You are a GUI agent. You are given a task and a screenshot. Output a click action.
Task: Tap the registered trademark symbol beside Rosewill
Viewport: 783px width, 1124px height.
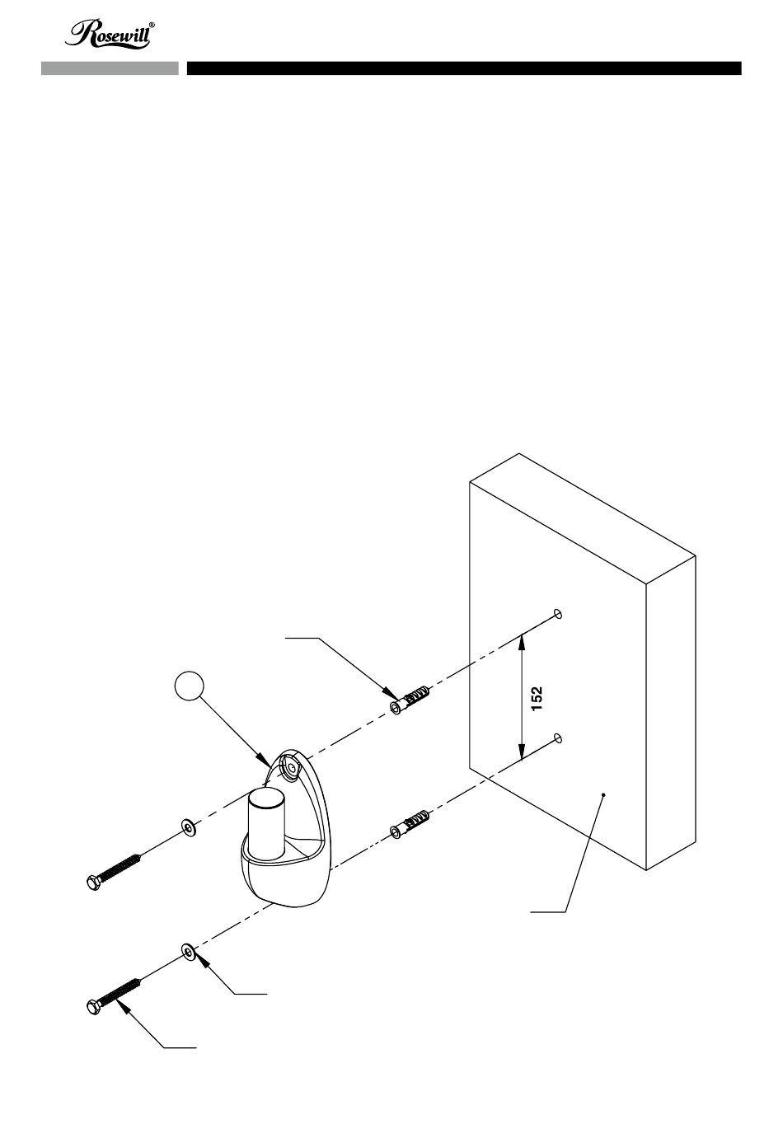coord(152,25)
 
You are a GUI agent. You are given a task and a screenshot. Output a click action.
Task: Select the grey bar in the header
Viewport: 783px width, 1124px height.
coord(110,68)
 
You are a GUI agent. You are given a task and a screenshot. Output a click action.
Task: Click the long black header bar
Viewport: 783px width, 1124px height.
coord(464,68)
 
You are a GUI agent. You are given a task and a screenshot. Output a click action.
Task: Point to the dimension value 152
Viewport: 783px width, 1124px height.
coord(537,698)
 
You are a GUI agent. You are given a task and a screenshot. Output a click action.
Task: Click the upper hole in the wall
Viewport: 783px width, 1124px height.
coord(558,613)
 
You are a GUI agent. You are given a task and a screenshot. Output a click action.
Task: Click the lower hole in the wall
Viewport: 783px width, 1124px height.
coord(558,738)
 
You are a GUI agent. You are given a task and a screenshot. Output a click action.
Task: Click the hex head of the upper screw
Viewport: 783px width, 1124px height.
coord(94,883)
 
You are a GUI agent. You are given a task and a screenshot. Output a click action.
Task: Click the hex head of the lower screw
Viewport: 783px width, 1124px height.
coord(94,1007)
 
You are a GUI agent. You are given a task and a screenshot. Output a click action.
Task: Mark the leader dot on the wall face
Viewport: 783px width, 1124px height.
coord(604,794)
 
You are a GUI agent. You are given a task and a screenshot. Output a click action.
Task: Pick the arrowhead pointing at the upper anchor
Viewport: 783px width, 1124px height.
coord(392,694)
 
